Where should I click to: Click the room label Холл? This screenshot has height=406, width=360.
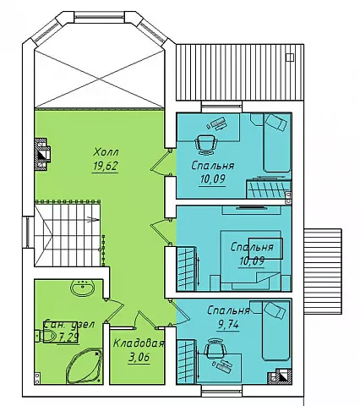(106, 152)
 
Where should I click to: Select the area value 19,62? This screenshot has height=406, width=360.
(105, 166)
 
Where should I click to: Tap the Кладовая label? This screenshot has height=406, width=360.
(139, 343)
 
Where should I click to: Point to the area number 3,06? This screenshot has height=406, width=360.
(139, 358)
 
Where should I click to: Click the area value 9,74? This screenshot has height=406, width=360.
(228, 325)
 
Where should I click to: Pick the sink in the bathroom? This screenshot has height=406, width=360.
(83, 288)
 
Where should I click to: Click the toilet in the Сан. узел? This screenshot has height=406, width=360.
(48, 336)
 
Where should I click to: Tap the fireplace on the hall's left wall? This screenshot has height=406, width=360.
(41, 154)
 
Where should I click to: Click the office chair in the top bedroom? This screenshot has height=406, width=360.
(205, 144)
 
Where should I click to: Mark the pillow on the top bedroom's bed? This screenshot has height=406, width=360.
(276, 122)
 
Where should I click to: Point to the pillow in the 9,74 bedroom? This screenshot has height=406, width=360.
(275, 311)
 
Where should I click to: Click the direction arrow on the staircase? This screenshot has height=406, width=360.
(93, 219)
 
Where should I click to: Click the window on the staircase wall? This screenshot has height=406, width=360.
(29, 233)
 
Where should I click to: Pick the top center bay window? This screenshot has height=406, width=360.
(99, 17)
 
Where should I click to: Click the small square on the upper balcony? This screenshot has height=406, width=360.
(290, 58)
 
